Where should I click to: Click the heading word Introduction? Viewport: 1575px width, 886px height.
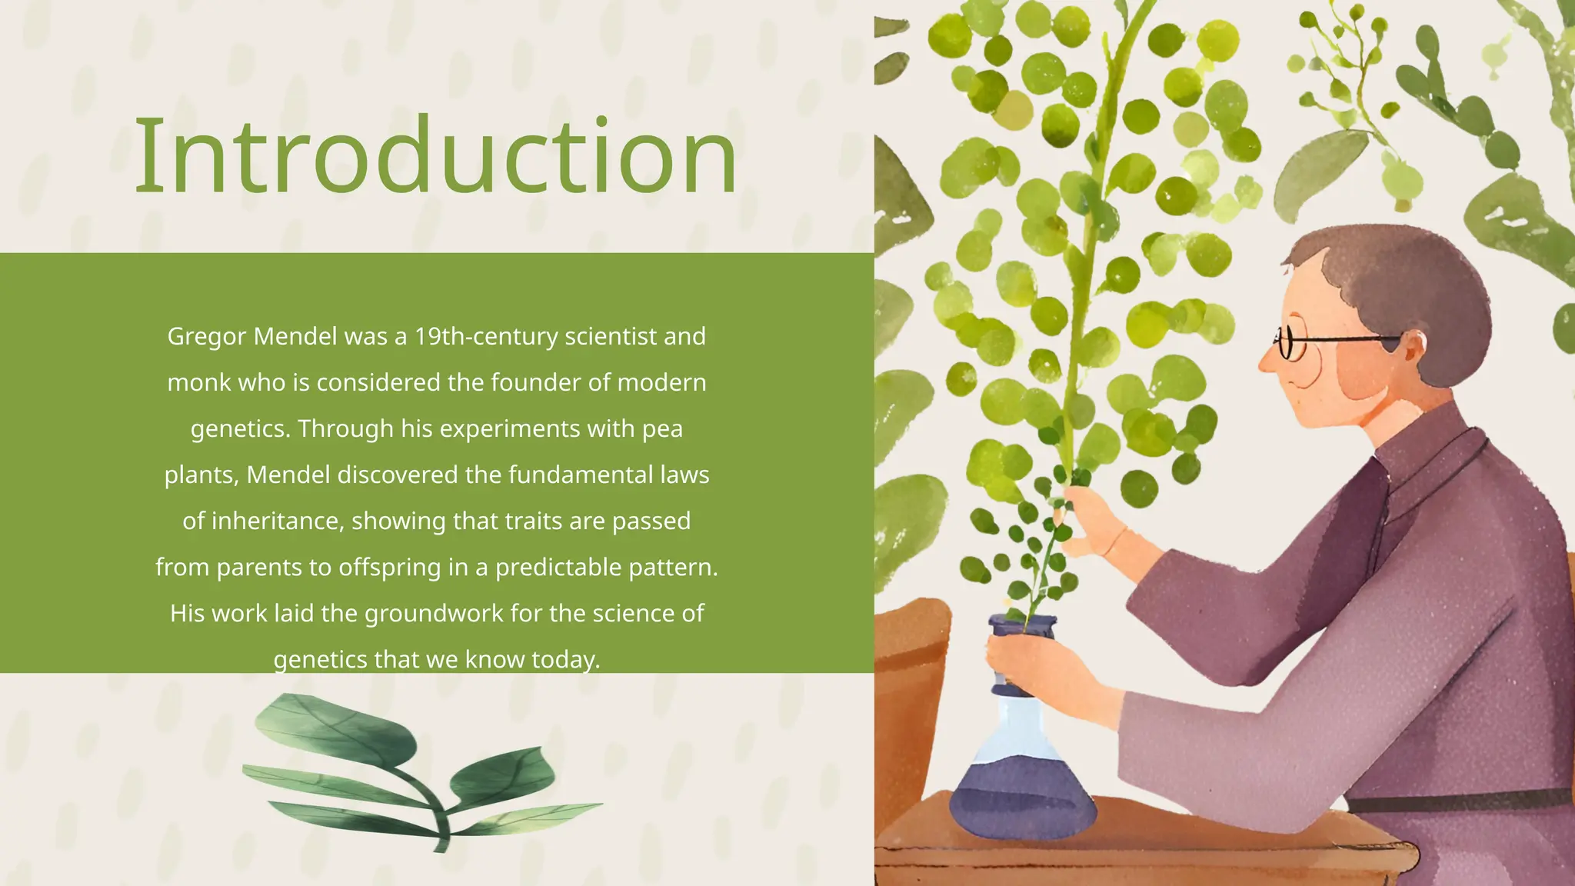(x=435, y=156)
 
